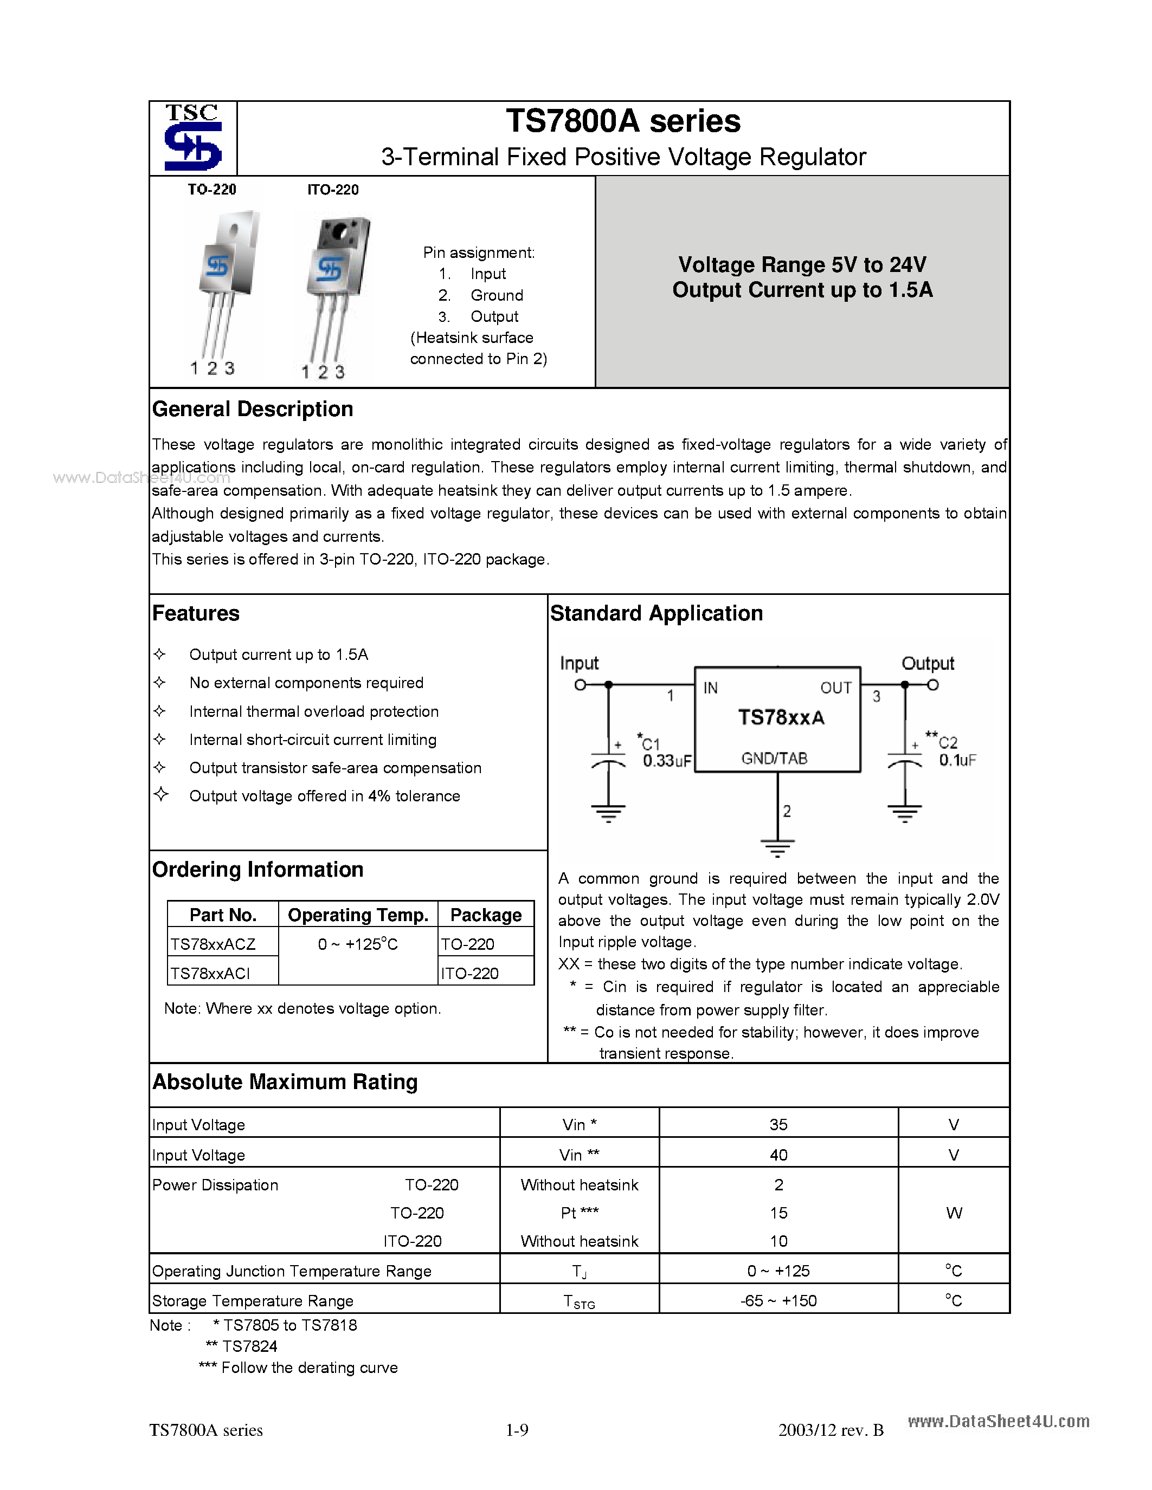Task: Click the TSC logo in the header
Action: coord(193,138)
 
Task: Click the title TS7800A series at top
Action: coord(622,121)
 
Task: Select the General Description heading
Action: coord(253,409)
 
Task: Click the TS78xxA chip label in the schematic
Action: coord(781,718)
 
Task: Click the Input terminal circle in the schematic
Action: coord(580,685)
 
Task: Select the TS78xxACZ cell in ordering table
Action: coord(213,944)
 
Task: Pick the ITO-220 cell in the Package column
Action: coord(469,974)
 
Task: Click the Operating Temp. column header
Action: coord(358,915)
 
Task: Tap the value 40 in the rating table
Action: coord(778,1155)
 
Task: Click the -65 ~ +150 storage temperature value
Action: coord(778,1301)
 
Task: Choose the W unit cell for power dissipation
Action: coord(954,1213)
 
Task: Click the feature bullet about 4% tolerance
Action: coord(324,796)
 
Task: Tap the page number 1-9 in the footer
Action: coord(517,1430)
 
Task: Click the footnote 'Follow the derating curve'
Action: coord(308,1368)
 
